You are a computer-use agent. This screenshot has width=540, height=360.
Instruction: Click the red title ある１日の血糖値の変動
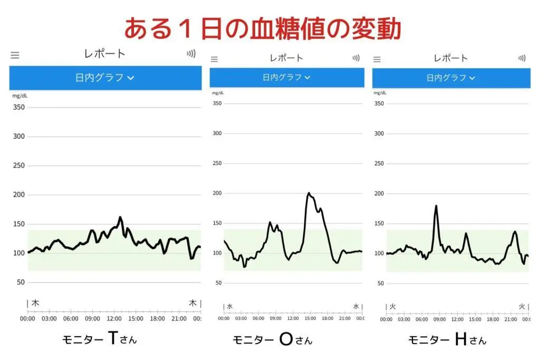pyautogui.click(x=262, y=28)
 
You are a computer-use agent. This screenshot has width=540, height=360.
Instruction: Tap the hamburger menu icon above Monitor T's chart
pyautogui.click(x=15, y=55)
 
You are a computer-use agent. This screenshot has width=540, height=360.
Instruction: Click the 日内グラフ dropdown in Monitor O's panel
pyautogui.click(x=286, y=77)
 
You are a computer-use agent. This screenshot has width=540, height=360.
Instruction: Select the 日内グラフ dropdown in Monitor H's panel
pyautogui.click(x=451, y=78)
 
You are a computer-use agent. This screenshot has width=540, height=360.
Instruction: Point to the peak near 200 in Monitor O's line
pyautogui.click(x=308, y=193)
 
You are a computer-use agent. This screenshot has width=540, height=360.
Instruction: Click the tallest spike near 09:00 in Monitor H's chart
pyautogui.click(x=436, y=206)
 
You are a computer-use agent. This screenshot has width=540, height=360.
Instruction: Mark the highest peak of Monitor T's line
pyautogui.click(x=120, y=217)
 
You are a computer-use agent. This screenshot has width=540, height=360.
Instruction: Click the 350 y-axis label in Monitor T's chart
pyautogui.click(x=19, y=107)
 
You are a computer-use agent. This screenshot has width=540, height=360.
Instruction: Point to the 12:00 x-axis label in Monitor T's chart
pyautogui.click(x=114, y=318)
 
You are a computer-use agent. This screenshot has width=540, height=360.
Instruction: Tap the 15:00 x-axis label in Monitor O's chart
pyautogui.click(x=310, y=318)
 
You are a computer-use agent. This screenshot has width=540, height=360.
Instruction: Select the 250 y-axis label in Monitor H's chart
pyautogui.click(x=379, y=163)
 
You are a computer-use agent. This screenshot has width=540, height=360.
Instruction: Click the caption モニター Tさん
pyautogui.click(x=100, y=339)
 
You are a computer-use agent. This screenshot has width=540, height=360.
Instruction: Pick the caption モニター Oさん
pyautogui.click(x=272, y=340)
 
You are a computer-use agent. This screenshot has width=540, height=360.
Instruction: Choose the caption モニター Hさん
pyautogui.click(x=447, y=340)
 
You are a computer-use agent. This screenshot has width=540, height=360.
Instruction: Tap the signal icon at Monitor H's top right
pyautogui.click(x=522, y=58)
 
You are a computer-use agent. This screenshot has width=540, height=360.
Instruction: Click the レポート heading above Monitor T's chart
pyautogui.click(x=105, y=54)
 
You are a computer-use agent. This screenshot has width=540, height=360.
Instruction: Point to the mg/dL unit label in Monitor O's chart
pyautogui.click(x=218, y=93)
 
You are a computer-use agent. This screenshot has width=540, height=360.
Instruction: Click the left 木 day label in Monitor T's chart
pyautogui.click(x=35, y=303)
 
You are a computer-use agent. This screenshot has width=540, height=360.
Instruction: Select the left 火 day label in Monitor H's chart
pyautogui.click(x=392, y=306)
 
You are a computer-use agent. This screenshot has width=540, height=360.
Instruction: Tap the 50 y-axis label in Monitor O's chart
pyautogui.click(x=217, y=283)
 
